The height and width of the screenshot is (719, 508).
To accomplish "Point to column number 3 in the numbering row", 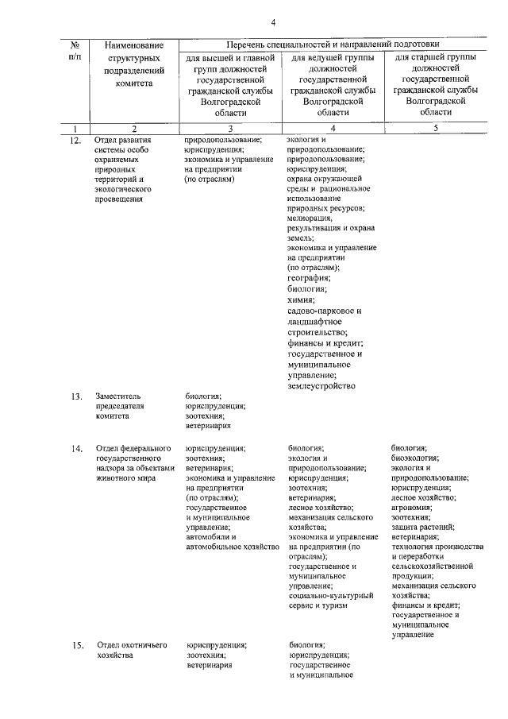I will click(230, 127).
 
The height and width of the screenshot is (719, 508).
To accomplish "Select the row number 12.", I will click(75, 139).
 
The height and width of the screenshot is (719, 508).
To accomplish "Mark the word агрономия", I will click(414, 507).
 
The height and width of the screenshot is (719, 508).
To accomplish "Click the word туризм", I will click(333, 605).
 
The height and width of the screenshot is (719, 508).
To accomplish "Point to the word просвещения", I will click(120, 199).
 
